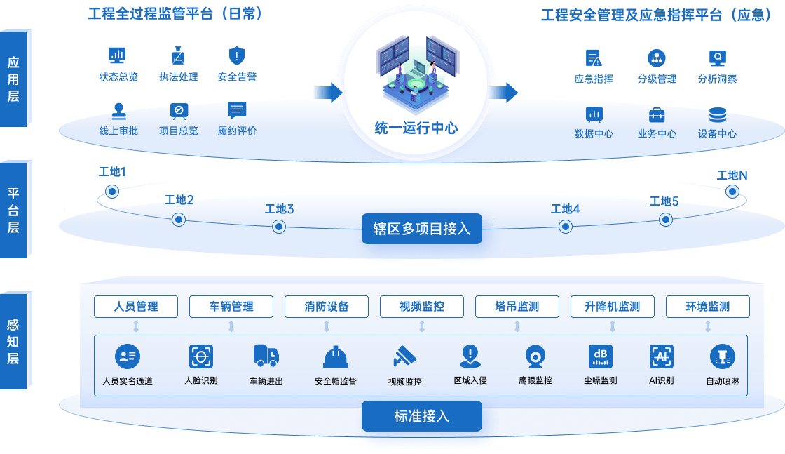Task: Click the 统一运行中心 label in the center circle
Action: click(x=416, y=128)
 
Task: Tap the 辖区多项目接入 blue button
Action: click(x=422, y=229)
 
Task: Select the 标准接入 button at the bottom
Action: click(x=422, y=416)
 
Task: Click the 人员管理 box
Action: click(x=136, y=307)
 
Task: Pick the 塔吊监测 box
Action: click(x=517, y=307)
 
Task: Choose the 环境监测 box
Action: click(x=708, y=307)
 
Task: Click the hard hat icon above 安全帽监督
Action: click(x=335, y=357)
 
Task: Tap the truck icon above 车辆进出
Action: click(x=266, y=356)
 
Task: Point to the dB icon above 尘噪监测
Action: click(x=601, y=356)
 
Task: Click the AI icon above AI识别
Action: click(x=661, y=356)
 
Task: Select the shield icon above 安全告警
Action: click(x=237, y=55)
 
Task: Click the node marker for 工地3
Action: click(x=279, y=226)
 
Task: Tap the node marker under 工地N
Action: click(x=732, y=191)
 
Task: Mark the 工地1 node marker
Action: click(x=111, y=191)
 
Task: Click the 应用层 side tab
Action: click(x=13, y=79)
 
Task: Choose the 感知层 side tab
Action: click(x=13, y=341)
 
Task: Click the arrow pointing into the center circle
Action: click(x=326, y=93)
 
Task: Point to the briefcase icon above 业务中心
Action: click(x=657, y=115)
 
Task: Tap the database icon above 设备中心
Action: click(x=717, y=115)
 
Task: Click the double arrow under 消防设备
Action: click(x=327, y=326)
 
